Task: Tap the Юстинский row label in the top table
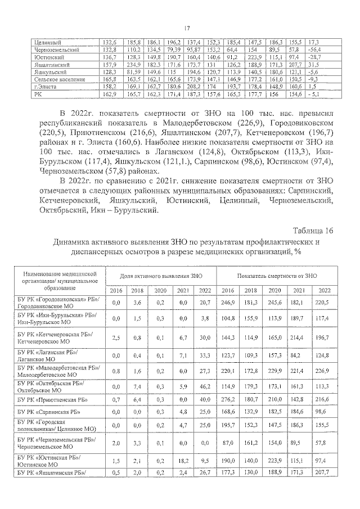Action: [x=48, y=57]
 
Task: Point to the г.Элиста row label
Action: [x=46, y=87]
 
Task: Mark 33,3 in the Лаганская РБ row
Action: [x=205, y=355]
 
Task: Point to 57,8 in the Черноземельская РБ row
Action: [x=321, y=443]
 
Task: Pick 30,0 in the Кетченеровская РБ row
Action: [x=205, y=339]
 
